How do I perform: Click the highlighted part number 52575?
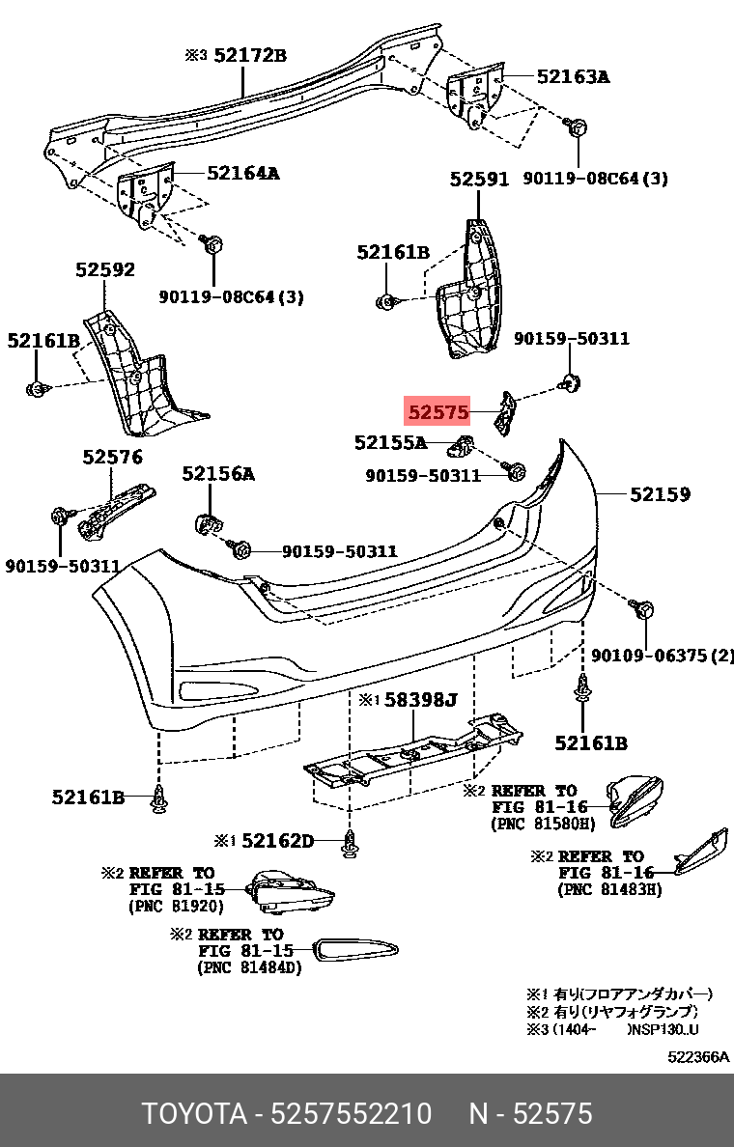pyautogui.click(x=438, y=413)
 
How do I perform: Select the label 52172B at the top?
pyautogui.click(x=250, y=55)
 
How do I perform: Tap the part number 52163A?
pyautogui.click(x=573, y=76)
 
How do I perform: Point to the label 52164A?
pyautogui.click(x=242, y=174)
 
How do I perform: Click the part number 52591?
pyautogui.click(x=479, y=180)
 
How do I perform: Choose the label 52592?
pyautogui.click(x=105, y=270)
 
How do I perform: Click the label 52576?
pyautogui.click(x=112, y=458)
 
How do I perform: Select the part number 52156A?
pyautogui.click(x=218, y=474)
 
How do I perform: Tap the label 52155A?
pyautogui.click(x=389, y=443)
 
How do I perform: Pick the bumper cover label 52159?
pyautogui.click(x=660, y=495)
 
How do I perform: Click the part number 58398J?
pyautogui.click(x=420, y=699)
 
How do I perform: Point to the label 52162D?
pyautogui.click(x=277, y=841)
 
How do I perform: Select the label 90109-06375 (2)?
pyautogui.click(x=662, y=657)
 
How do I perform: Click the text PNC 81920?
pyautogui.click(x=176, y=907)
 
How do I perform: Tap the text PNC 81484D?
pyautogui.click(x=249, y=967)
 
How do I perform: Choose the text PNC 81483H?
pyautogui.click(x=609, y=889)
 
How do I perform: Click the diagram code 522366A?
pyautogui.click(x=698, y=1057)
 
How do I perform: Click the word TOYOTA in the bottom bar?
pyautogui.click(x=193, y=1114)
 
